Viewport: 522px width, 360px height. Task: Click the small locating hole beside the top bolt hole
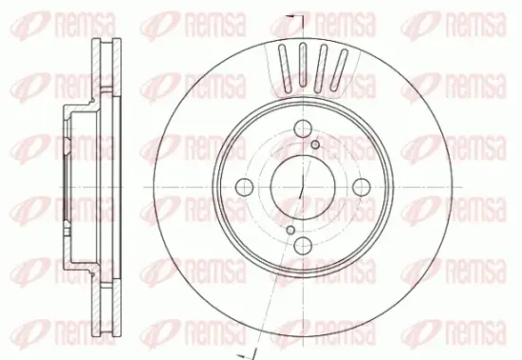click(315, 145)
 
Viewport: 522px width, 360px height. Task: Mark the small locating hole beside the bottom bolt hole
click(288, 229)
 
